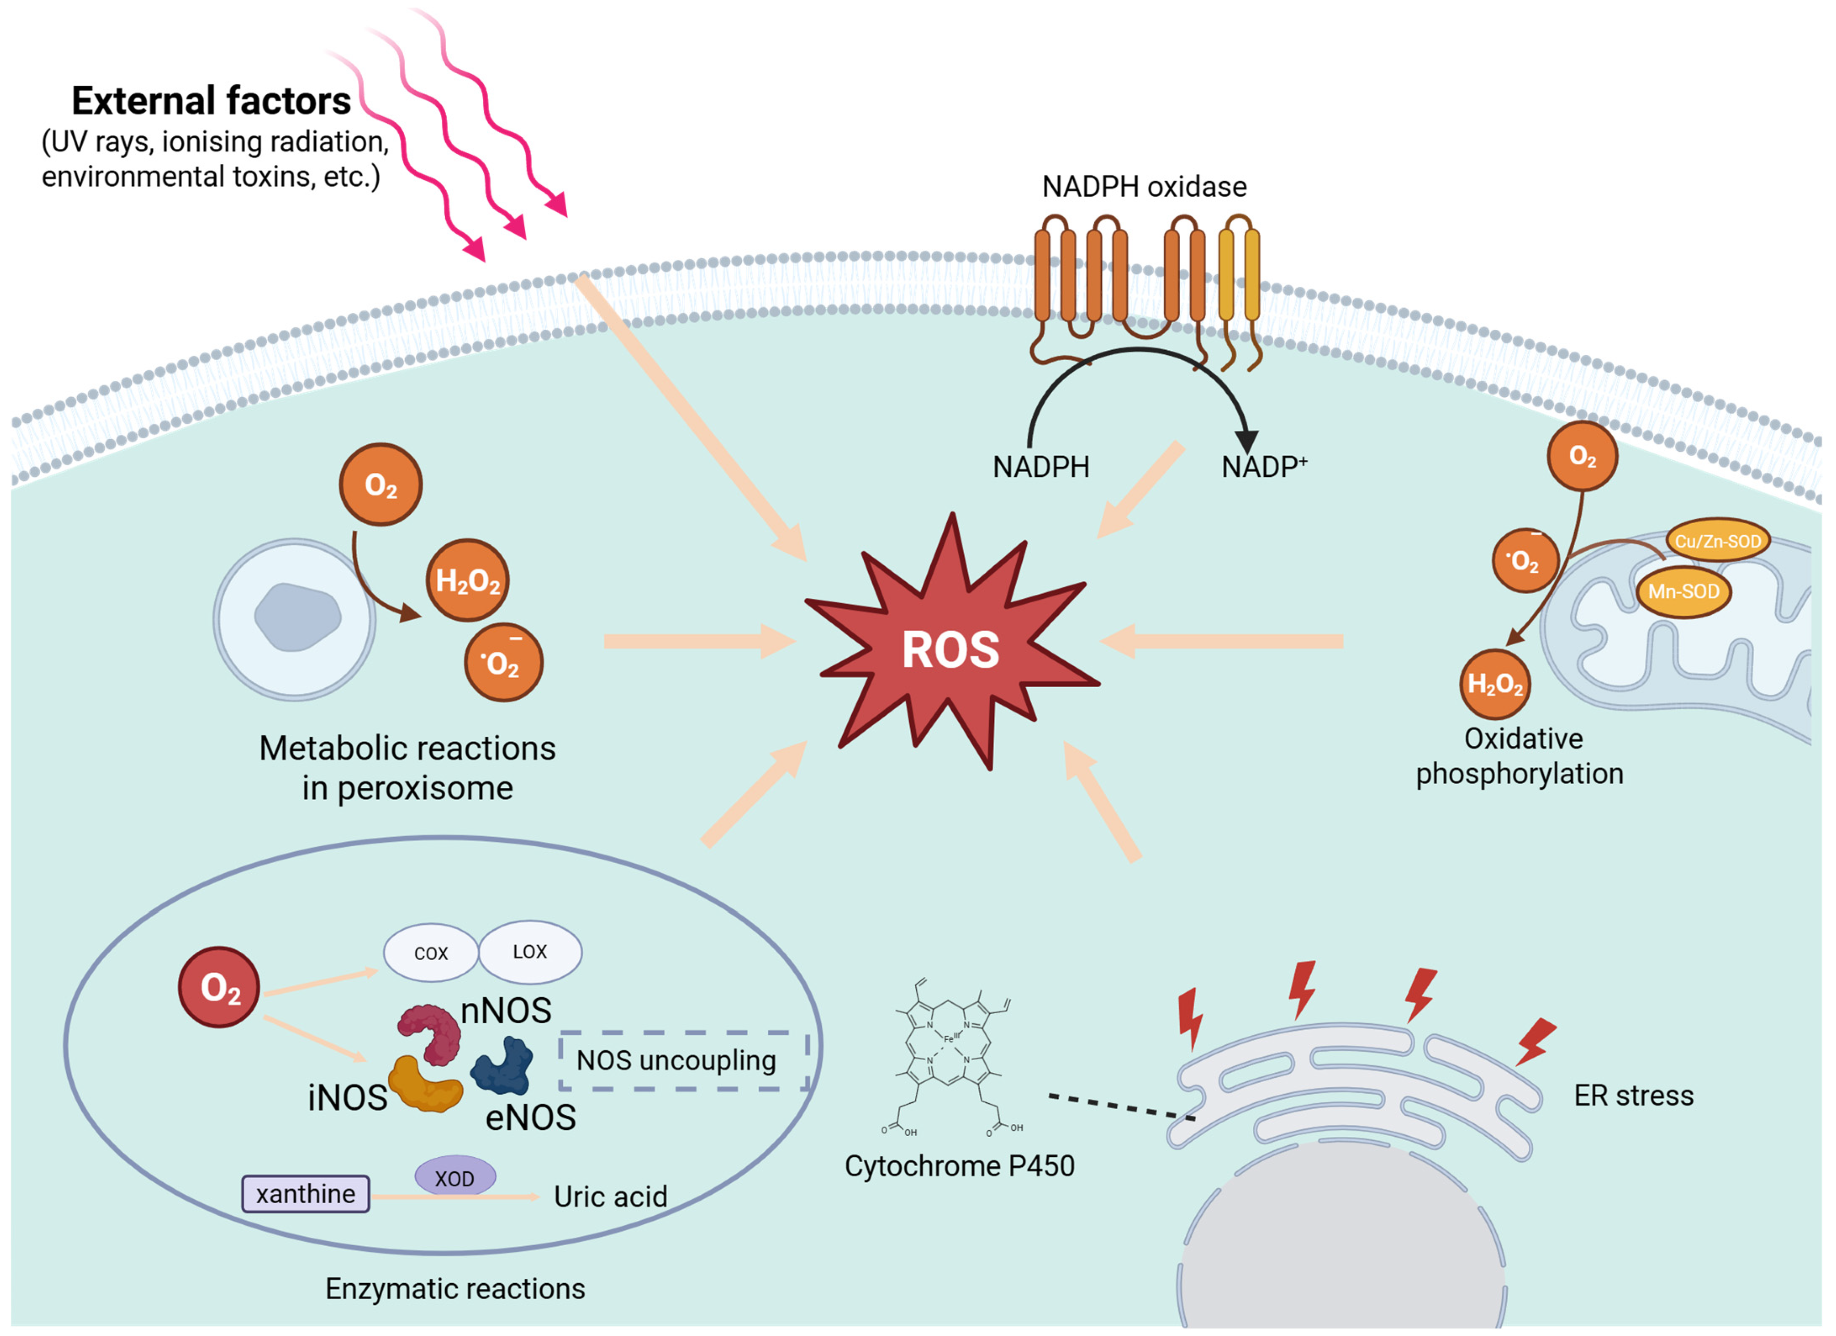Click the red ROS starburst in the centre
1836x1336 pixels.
[951, 648]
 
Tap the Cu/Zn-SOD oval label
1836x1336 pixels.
[1717, 541]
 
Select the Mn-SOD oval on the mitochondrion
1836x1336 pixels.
[1683, 592]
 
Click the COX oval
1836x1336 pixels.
[431, 953]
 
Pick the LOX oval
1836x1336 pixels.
[530, 951]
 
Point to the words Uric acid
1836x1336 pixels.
[611, 1197]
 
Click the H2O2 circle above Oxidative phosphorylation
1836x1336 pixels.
[1494, 684]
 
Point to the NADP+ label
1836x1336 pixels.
[1263, 467]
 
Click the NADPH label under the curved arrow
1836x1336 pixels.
[1041, 467]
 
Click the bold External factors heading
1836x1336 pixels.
[211, 101]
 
